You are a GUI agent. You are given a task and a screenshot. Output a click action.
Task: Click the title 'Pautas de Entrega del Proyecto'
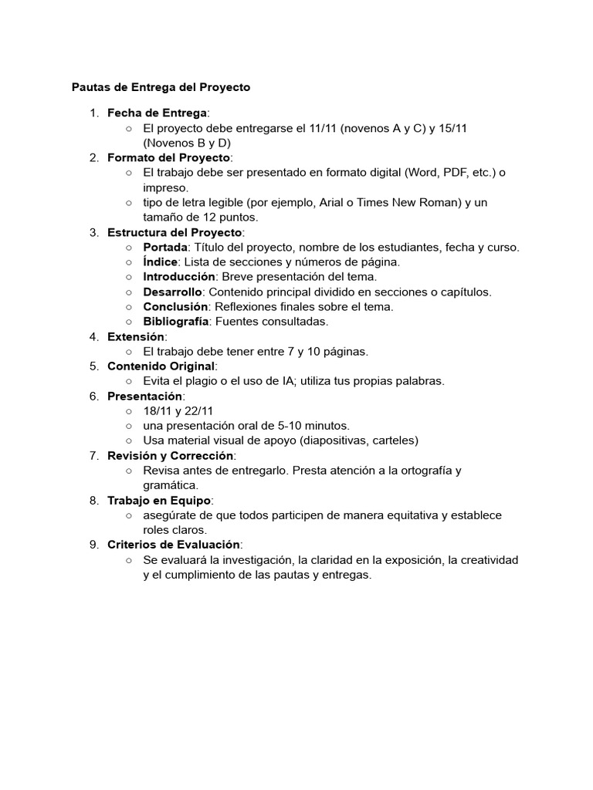[161, 87]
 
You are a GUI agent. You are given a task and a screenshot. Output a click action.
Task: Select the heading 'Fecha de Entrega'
[158, 113]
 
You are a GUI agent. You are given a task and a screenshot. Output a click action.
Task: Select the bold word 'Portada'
[165, 247]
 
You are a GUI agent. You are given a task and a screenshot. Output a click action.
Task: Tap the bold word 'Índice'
[160, 262]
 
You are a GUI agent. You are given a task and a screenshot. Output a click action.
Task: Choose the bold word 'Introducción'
[179, 276]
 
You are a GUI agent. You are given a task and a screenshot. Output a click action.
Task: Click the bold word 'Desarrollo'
[173, 292]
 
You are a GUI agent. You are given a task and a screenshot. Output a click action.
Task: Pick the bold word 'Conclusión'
[175, 306]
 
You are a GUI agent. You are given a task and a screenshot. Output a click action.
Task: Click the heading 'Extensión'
[136, 336]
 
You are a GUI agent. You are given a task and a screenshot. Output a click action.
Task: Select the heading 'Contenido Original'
[161, 366]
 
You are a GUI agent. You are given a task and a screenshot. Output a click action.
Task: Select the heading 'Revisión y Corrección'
[170, 455]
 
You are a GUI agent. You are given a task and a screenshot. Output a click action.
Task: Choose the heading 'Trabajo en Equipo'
[159, 500]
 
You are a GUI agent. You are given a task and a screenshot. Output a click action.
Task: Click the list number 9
[93, 545]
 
